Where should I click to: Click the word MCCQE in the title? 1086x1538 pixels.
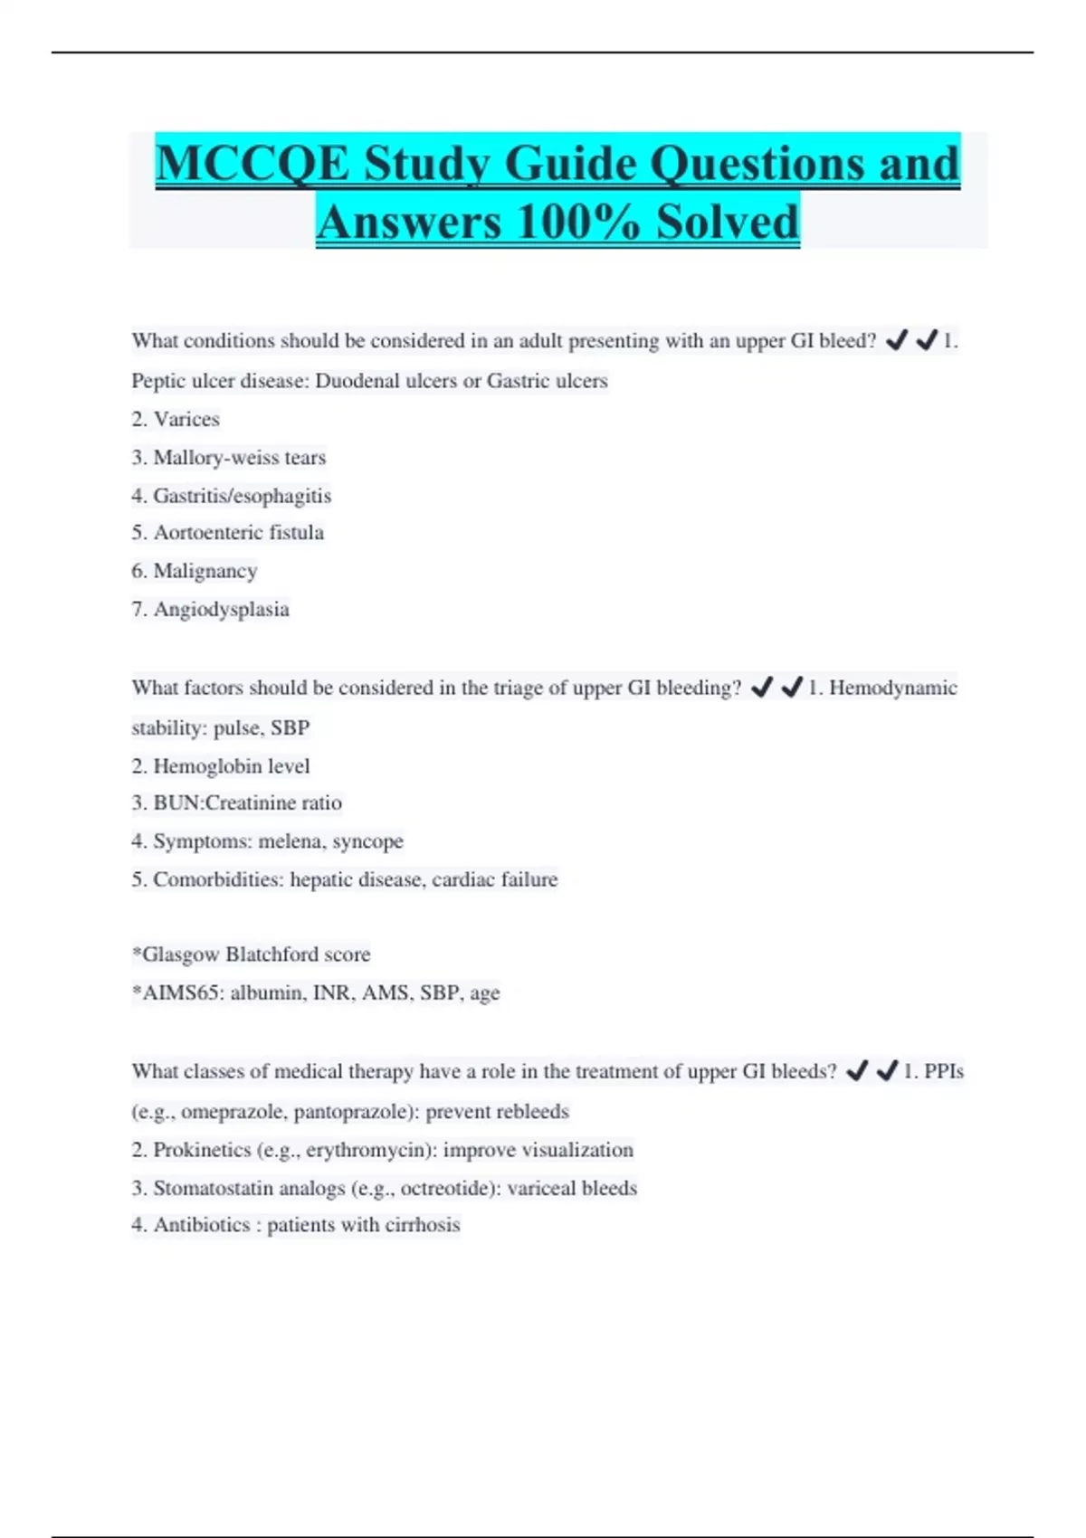[x=252, y=164]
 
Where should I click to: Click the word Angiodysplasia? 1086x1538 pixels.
[x=222, y=609]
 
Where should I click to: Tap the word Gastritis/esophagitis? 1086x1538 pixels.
[x=243, y=496]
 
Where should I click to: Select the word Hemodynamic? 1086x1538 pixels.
[x=892, y=688]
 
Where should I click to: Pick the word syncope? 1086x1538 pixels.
[x=367, y=841]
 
